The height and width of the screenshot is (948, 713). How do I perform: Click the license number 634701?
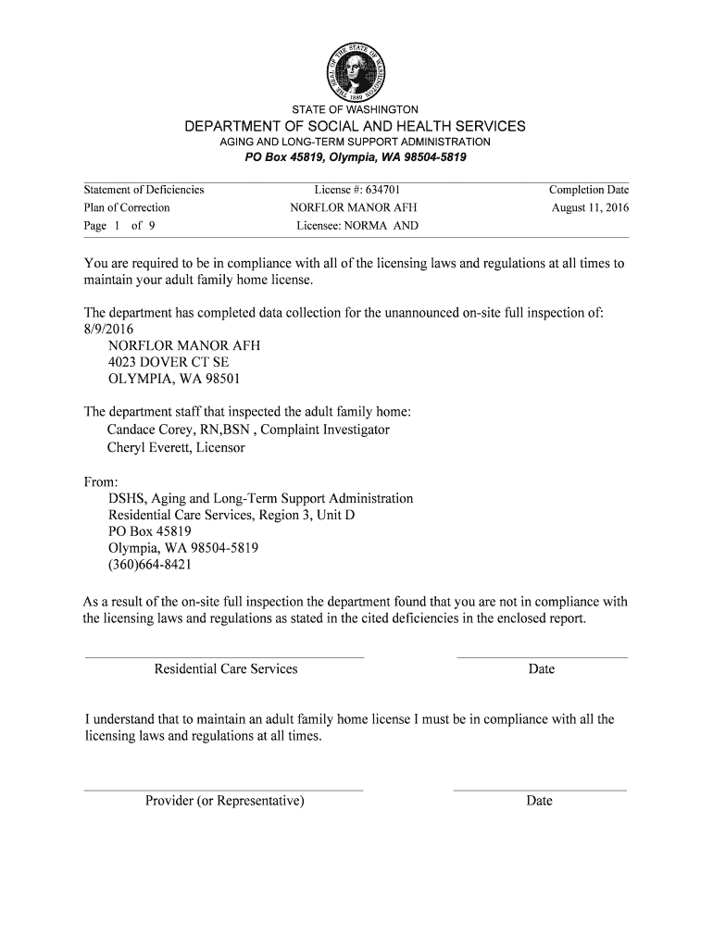(379, 190)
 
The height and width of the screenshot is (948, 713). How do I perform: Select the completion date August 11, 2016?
(590, 207)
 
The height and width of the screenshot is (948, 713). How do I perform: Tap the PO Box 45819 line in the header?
(356, 157)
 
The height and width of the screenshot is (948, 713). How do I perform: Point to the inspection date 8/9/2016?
(109, 329)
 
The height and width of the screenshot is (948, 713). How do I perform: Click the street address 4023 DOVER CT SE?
(169, 362)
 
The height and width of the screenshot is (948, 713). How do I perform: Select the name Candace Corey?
(146, 430)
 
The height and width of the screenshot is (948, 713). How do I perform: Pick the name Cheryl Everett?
(149, 447)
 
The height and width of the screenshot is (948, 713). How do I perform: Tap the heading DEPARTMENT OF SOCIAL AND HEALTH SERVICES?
(356, 126)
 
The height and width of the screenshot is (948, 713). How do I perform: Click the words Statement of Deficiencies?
(144, 190)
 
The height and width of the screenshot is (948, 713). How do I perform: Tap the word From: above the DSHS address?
(101, 481)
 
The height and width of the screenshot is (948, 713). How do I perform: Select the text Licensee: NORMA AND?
(357, 226)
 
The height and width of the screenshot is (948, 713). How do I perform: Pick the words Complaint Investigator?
(326, 430)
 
